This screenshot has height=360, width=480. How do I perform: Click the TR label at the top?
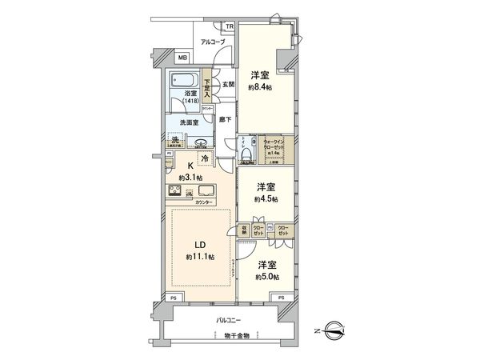coord(229,26)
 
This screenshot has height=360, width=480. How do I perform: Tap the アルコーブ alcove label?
coord(213,42)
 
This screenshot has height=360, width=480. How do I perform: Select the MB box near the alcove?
coord(182,58)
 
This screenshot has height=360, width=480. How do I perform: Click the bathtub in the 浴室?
coord(183,82)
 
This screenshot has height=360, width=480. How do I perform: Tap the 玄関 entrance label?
coord(226,84)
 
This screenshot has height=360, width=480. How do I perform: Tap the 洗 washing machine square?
coord(174,142)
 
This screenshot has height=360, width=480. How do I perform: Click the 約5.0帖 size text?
coord(266,277)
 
